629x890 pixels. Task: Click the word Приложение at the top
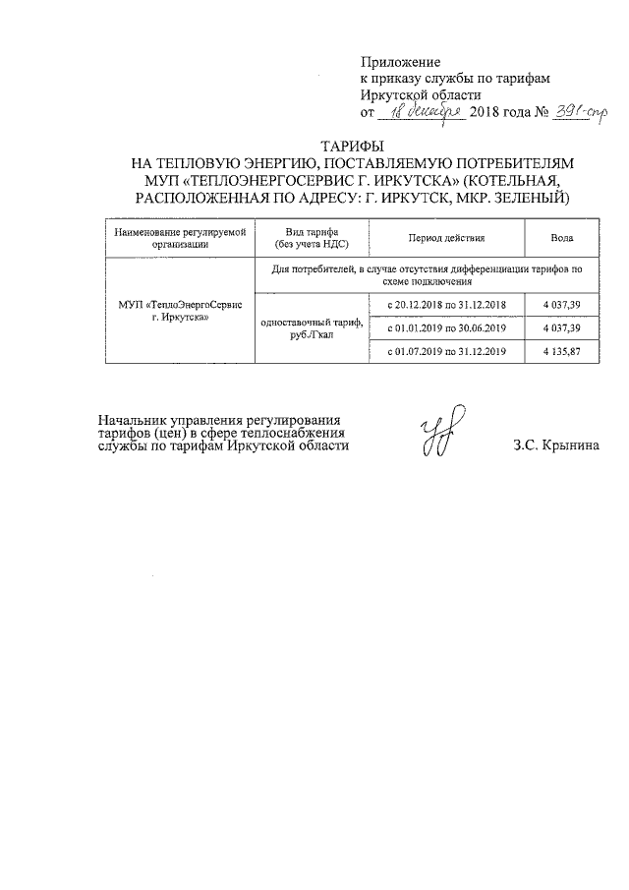[401, 61]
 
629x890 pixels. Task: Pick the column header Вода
[563, 239]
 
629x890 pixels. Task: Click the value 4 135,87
[562, 351]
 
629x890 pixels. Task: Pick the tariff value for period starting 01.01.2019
[562, 327]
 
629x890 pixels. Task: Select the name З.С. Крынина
[555, 445]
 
